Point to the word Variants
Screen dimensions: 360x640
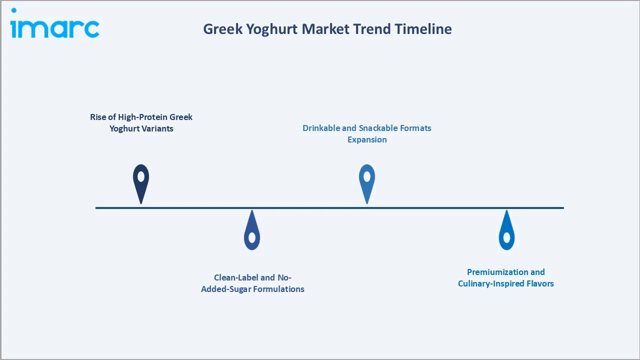[x=156, y=128]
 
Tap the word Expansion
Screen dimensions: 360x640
[x=367, y=139]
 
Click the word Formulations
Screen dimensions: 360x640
[x=279, y=289]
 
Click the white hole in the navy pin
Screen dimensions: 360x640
[x=141, y=176]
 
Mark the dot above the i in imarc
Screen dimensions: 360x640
[x=13, y=10]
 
